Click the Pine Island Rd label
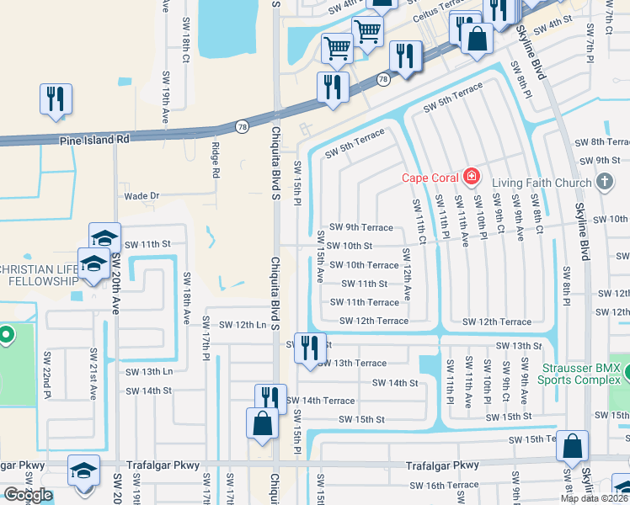point(93,140)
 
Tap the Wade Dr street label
point(141,195)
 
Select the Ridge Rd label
point(216,160)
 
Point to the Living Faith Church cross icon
point(603,181)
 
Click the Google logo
point(28,495)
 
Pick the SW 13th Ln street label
point(149,371)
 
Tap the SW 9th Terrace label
point(360,227)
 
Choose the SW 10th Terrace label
point(364,265)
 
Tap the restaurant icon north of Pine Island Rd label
point(56,98)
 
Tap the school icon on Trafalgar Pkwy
point(83,470)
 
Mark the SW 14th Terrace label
point(320,401)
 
